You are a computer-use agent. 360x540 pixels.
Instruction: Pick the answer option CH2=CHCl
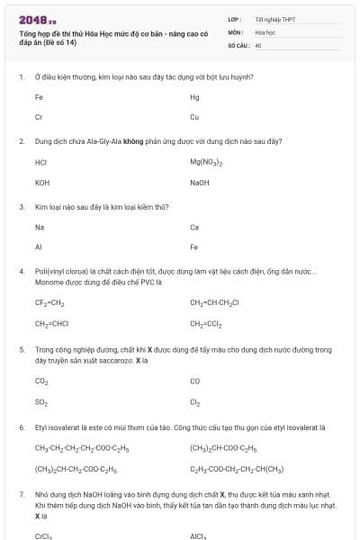click(51, 323)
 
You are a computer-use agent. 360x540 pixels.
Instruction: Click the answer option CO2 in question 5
click(41, 382)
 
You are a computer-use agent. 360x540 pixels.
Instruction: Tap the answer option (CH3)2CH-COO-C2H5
click(223, 447)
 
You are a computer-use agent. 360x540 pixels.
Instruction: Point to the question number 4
click(21, 271)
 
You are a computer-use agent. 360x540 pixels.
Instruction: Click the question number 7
click(21, 495)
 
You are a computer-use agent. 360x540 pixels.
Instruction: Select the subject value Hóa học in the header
click(264, 31)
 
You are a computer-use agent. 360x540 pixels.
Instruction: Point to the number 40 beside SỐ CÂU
click(258, 44)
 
